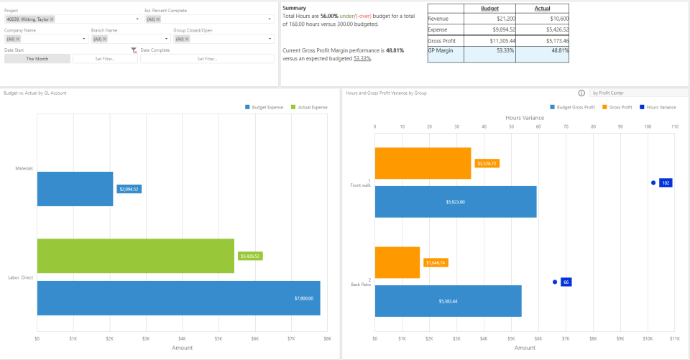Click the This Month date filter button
(x=37, y=59)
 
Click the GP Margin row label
(x=441, y=52)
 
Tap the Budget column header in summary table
(x=489, y=9)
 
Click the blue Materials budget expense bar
(x=75, y=189)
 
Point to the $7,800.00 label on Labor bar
(x=305, y=298)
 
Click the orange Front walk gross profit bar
(x=423, y=163)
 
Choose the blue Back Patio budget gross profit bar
(x=448, y=301)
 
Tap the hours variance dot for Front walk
(x=653, y=183)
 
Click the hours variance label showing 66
(x=566, y=282)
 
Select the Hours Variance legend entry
(x=659, y=107)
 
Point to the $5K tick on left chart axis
(x=218, y=338)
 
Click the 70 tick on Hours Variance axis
(x=566, y=126)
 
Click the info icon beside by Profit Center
(x=581, y=93)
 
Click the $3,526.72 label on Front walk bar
(x=487, y=163)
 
